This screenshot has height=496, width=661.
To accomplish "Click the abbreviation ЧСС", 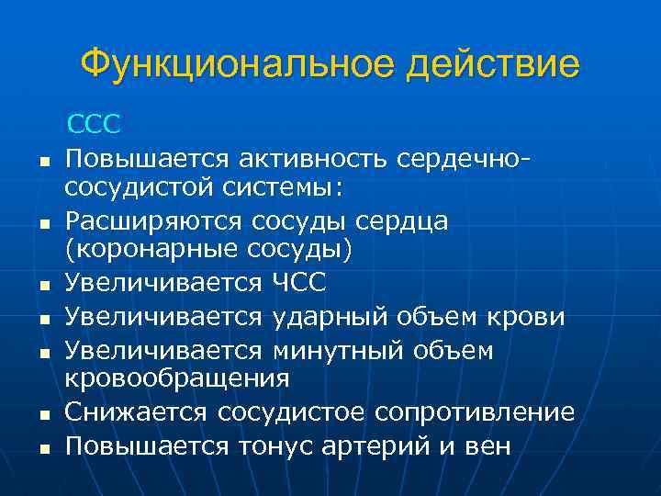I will point(300,281).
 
